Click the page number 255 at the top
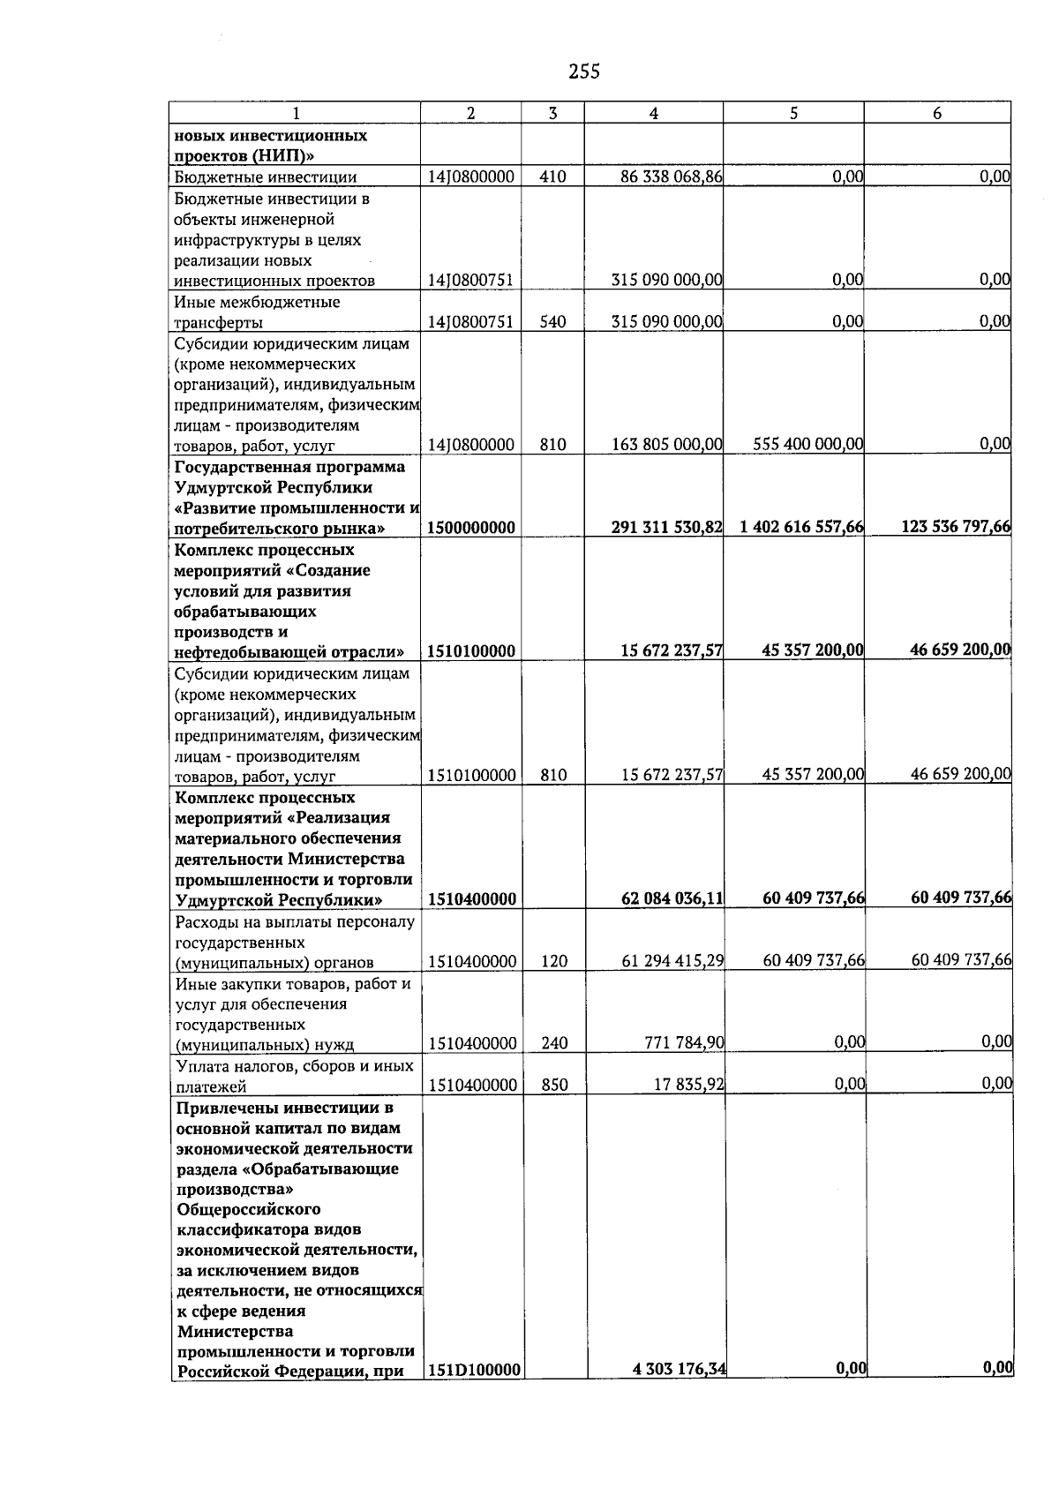tap(584, 72)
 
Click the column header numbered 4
tap(653, 113)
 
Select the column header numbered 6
tap(937, 113)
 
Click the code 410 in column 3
tap(552, 177)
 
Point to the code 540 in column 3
tap(552, 322)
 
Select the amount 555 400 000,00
tap(807, 445)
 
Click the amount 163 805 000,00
tap(667, 445)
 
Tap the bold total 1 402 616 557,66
tap(801, 528)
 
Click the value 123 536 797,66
tap(956, 527)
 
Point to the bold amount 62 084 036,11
tap(672, 899)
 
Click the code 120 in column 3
tap(554, 961)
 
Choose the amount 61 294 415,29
tap(672, 961)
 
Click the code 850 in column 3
tap(554, 1085)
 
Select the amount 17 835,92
tap(688, 1085)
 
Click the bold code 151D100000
tap(474, 1394)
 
